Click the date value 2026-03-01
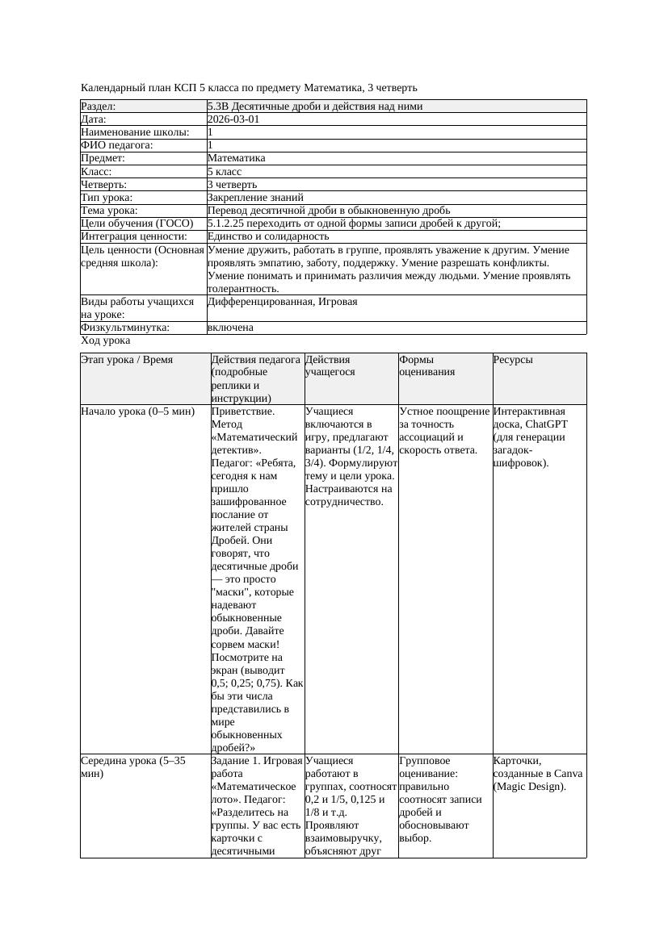(x=233, y=119)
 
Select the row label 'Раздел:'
(x=99, y=107)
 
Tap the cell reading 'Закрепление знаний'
(x=255, y=197)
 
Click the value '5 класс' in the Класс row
(x=225, y=171)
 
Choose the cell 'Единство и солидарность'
(x=268, y=236)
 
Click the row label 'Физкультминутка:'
(x=125, y=328)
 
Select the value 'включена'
(x=230, y=328)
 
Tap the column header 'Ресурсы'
(x=513, y=360)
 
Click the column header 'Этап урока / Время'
(x=127, y=360)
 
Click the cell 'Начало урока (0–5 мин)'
(x=138, y=411)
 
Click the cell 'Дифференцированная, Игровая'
(x=282, y=302)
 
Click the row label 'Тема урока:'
(x=110, y=211)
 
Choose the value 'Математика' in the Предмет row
(x=236, y=158)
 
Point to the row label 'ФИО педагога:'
(x=117, y=145)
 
